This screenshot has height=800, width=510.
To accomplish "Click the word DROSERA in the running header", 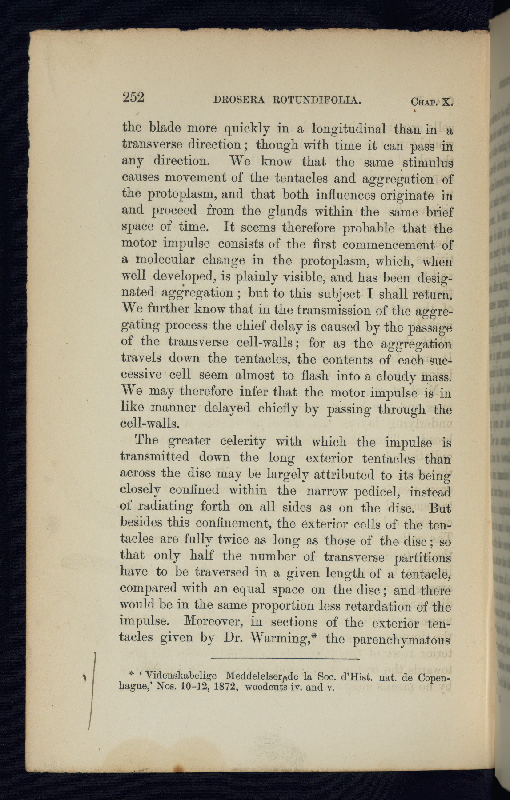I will click(239, 100).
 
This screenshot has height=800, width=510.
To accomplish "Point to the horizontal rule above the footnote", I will click(285, 658).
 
